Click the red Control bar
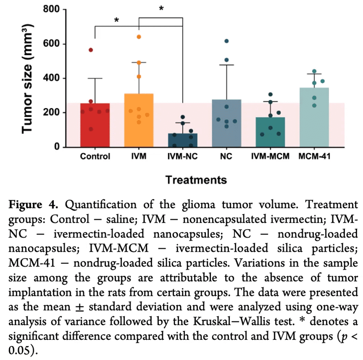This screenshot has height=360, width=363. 95,126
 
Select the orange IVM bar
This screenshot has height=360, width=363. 139,122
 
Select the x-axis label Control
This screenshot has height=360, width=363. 95,157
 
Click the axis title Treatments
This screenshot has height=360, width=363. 196,180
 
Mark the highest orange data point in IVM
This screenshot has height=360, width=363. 139,37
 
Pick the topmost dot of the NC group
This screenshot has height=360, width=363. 226,41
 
